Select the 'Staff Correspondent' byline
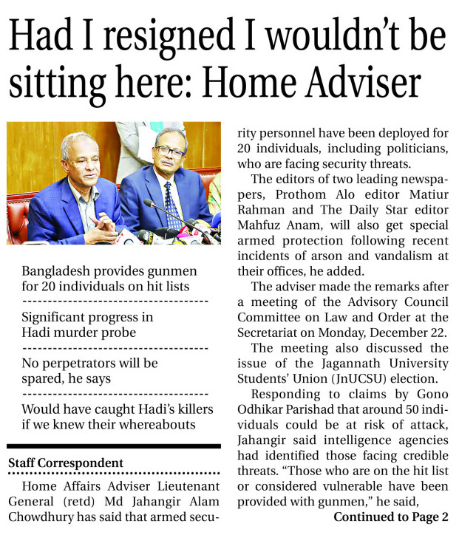[x=66, y=463]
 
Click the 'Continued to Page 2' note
[x=390, y=516]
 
